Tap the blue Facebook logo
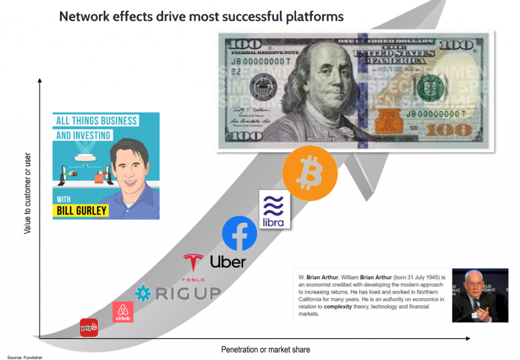pos(239,233)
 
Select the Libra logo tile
pos(274,209)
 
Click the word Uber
pos(227,261)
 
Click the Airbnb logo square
pos(122,312)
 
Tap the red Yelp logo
pos(89,328)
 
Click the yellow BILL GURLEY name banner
pos(81,209)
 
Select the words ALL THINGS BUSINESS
pos(96,121)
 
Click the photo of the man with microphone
pos(480,295)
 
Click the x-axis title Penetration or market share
pos(266,349)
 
